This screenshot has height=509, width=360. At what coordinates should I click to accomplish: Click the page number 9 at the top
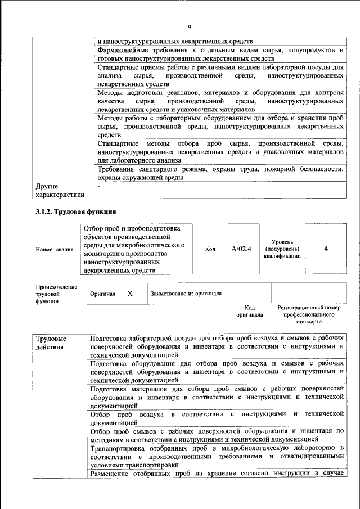click(190, 27)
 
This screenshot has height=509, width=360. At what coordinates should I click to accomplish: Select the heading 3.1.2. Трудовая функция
click(75, 211)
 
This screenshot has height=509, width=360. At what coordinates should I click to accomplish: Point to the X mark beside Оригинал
click(129, 294)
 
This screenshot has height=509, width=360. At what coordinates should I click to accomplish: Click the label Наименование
click(54, 250)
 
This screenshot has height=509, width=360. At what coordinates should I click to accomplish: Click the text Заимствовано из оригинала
click(186, 294)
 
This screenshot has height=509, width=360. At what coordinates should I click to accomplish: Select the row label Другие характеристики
click(60, 190)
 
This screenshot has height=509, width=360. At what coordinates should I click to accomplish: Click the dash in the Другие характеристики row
click(99, 186)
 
